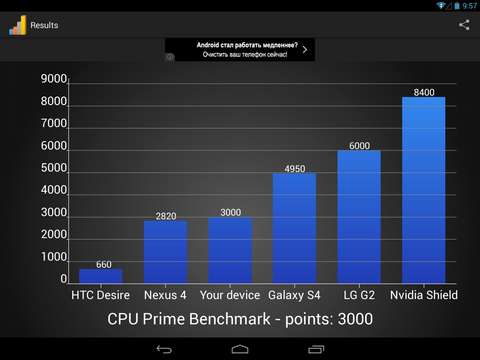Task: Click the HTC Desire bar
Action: (x=101, y=276)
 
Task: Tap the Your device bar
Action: (x=230, y=250)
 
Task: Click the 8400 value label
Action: (x=424, y=92)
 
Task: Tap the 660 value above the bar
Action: (x=104, y=264)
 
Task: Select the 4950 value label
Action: (x=295, y=169)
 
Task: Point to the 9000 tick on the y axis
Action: (x=54, y=79)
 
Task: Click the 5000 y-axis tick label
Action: (x=54, y=168)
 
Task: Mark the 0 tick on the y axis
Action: (x=64, y=279)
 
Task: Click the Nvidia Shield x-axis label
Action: (x=424, y=295)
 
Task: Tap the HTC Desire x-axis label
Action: (x=101, y=295)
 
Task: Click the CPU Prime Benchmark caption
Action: (x=240, y=319)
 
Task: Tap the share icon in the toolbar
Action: (x=464, y=25)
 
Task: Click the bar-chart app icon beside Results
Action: (x=18, y=25)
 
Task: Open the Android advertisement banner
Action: (x=240, y=50)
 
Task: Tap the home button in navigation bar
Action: (x=240, y=349)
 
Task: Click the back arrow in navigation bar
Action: (x=164, y=349)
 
